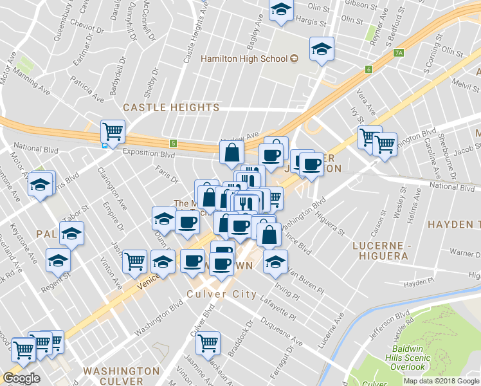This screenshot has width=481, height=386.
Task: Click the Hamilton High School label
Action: coord(244,59)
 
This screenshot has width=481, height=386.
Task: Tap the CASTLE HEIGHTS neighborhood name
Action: coord(171,107)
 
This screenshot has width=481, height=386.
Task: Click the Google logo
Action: coord(21,378)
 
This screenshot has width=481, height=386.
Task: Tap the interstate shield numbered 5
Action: coord(173,142)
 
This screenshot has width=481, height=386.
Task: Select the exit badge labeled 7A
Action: coord(399,53)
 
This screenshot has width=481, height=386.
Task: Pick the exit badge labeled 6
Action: coord(368,69)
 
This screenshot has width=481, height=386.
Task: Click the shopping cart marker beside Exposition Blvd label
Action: coord(113,131)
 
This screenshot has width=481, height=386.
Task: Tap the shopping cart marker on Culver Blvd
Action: coord(208,343)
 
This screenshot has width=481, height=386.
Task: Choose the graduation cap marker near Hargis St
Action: coord(281,10)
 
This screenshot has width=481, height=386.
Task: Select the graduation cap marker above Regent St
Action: coord(58,261)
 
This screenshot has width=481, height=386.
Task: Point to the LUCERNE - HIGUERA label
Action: coord(381,250)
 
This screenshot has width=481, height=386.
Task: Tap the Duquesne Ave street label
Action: coord(280,335)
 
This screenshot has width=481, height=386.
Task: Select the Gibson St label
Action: coord(360,5)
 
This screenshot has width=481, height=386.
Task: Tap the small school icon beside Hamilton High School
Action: coord(295,59)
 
